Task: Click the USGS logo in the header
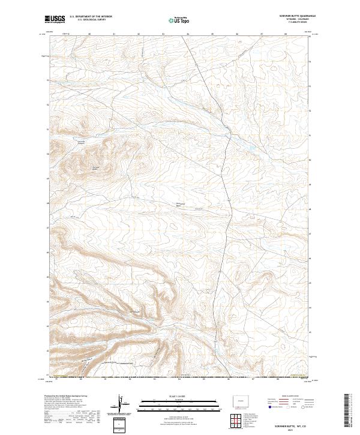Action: (55, 19)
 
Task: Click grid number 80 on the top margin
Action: (89, 34)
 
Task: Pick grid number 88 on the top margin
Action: (286, 34)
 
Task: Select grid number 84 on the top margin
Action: (188, 34)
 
